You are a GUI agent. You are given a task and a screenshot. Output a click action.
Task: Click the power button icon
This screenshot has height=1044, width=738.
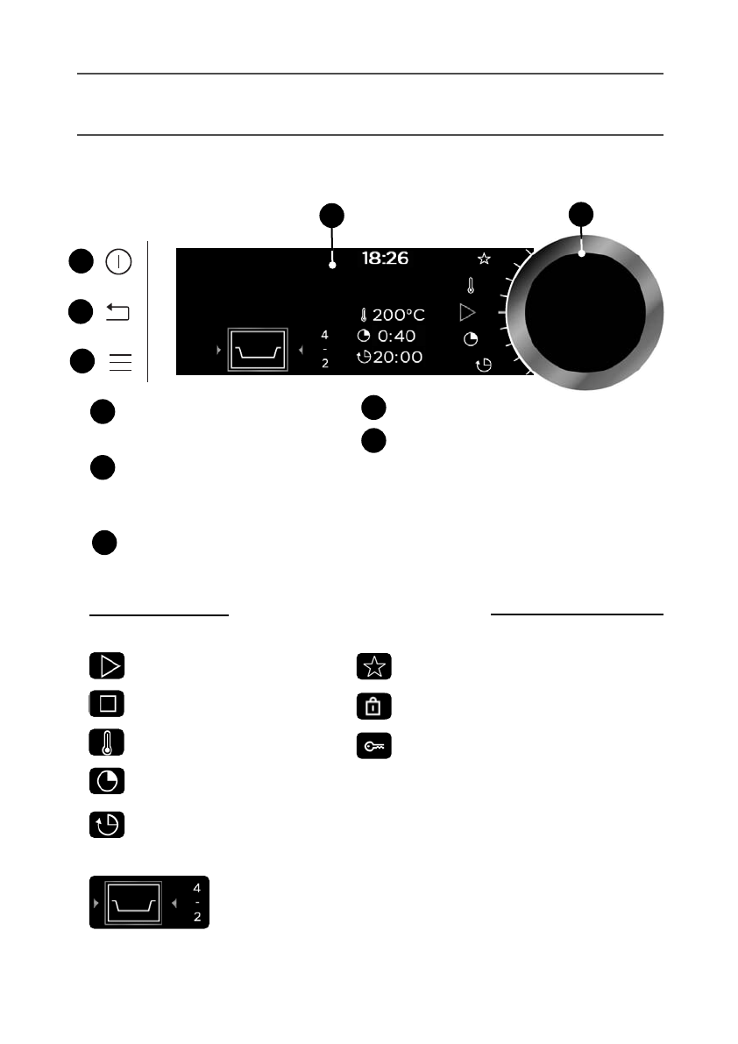[x=118, y=261]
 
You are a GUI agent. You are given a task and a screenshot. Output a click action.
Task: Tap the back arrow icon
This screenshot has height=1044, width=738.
[x=118, y=311]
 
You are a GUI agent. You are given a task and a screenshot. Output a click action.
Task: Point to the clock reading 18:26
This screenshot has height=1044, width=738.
[x=385, y=259]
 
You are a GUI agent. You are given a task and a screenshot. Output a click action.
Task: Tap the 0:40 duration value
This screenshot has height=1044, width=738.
[x=396, y=337]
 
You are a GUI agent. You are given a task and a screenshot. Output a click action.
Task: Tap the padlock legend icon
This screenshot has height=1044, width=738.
[x=374, y=706]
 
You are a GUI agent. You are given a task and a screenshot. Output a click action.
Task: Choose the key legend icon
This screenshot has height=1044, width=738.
[x=374, y=745]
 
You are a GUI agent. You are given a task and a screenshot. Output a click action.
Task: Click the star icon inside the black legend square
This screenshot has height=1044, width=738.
[x=374, y=667]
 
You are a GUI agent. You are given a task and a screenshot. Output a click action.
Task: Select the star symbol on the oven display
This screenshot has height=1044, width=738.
[x=483, y=259]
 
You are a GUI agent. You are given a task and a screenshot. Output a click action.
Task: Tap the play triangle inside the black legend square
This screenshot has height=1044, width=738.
[x=107, y=666]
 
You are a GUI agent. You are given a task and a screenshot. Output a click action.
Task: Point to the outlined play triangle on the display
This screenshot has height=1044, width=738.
[x=468, y=311]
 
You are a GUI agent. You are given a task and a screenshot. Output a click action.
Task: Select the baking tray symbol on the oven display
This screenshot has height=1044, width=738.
[x=257, y=351]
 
